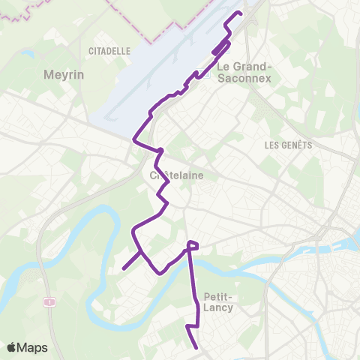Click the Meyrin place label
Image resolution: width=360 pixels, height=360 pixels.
point(64,75)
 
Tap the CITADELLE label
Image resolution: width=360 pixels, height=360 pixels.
point(109,51)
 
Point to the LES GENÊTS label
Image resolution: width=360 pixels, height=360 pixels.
point(288,145)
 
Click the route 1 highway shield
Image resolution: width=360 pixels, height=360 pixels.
point(49,301)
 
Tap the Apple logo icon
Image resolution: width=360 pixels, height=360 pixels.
point(11,348)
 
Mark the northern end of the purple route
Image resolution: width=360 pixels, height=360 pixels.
point(240,13)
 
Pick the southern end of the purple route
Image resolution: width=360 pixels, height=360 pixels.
point(196,348)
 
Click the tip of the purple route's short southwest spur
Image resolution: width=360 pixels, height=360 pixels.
point(123,268)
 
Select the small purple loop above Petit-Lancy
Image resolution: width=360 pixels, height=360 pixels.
point(193,244)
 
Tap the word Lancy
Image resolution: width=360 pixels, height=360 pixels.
point(218,307)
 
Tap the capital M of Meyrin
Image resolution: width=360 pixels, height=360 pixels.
point(49,75)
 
